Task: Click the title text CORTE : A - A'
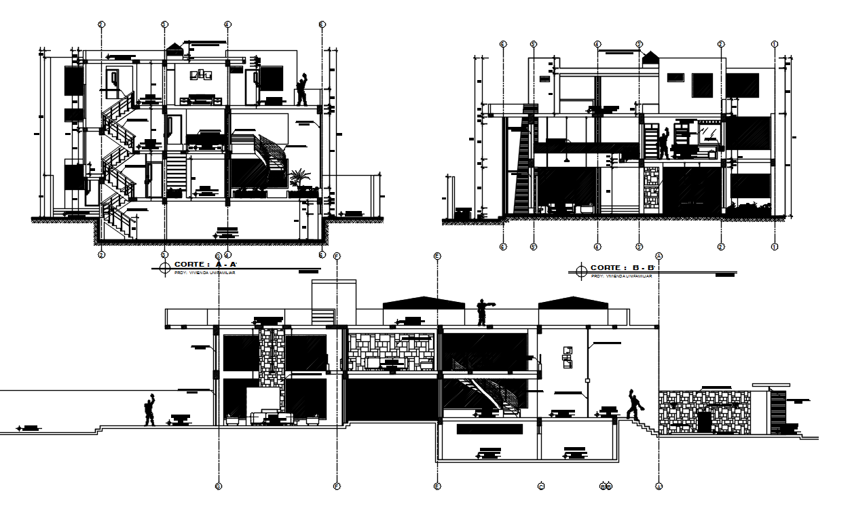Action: pos(205,265)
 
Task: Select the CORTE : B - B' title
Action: pos(621,268)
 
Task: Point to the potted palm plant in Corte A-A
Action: pos(297,179)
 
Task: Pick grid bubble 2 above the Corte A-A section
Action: pos(101,24)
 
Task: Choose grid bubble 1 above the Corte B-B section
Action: pos(775,44)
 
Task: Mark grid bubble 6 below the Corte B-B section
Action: pos(503,246)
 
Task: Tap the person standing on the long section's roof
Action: pos(482,312)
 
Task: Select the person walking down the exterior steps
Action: pos(634,405)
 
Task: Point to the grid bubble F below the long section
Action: pos(337,486)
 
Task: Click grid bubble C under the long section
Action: pos(541,486)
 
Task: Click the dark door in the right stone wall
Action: pos(705,421)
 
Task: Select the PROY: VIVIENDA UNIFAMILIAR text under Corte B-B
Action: pos(621,276)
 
